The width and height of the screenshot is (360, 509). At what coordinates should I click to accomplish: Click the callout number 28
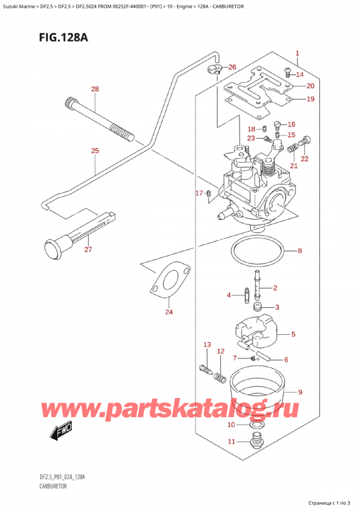(x=95, y=89)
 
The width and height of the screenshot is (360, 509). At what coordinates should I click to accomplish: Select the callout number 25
(x=95, y=151)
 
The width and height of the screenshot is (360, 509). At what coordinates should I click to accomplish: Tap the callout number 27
(x=88, y=249)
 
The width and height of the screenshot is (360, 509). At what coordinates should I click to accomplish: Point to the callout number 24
(x=169, y=312)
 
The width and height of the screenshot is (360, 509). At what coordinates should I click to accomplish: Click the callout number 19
(x=310, y=99)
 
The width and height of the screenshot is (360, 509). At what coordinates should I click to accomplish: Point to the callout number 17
(x=199, y=193)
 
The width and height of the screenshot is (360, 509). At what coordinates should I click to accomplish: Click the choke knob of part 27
(x=51, y=247)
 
